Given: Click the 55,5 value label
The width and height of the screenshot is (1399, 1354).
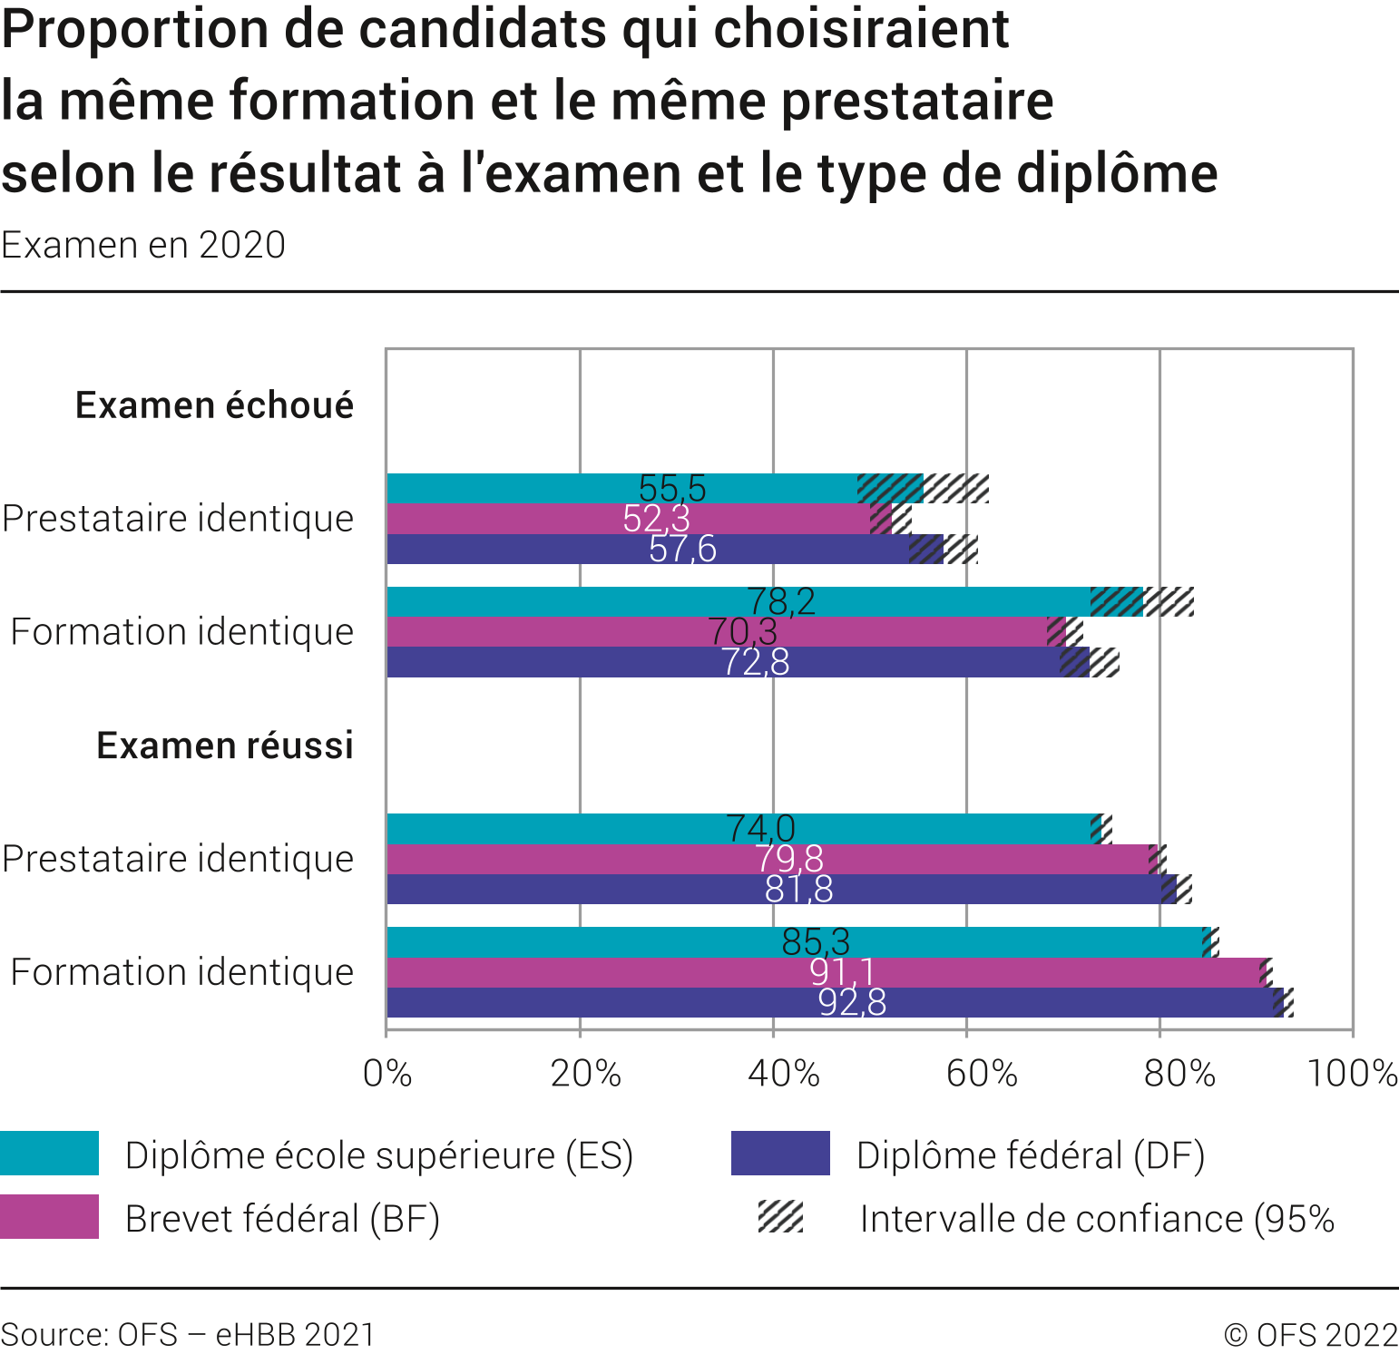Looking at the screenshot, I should pos(672,489).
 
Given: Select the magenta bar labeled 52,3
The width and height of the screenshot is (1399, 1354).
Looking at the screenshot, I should pos(544,520).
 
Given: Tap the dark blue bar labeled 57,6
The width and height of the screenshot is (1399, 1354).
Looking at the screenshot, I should pos(544,550).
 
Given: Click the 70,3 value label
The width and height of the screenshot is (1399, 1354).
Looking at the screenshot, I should pos(742,632).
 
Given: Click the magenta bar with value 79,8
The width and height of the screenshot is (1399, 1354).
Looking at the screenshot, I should pos(590,859).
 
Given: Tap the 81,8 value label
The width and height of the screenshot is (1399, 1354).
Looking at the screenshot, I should pos(798,890).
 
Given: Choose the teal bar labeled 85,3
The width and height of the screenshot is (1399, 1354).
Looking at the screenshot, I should pos(590,942).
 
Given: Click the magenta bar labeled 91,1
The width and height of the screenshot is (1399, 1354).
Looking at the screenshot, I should pos(590,972).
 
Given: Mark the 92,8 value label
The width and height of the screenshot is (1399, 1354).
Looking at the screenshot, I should pos(852,1002).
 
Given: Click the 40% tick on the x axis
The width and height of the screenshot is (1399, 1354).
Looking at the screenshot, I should pos(783,1074).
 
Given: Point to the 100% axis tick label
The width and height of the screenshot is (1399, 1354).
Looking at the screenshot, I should pos(1352,1074).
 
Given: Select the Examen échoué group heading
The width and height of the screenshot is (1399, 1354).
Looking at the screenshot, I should pos(214,405).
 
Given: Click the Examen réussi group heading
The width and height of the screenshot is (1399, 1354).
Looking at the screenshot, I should pos(225,745).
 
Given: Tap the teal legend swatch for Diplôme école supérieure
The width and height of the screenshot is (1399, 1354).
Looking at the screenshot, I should pos(49,1154).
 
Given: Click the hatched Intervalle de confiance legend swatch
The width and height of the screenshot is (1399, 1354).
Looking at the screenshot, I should pos(781,1217).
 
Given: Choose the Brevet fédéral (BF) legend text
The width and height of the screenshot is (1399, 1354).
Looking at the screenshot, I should pos(282,1219).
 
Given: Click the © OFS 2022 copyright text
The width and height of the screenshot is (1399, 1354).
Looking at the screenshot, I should pos(1310,1335).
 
